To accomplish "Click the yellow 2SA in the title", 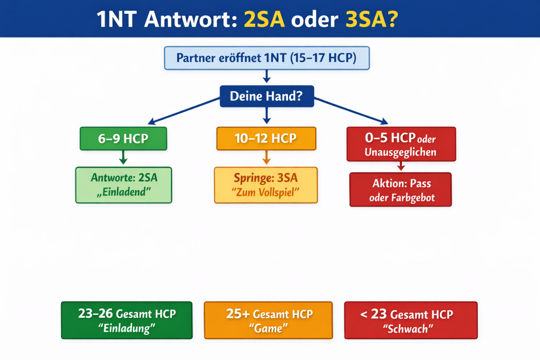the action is (x=264, y=20).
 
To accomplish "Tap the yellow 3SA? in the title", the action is (x=372, y=20).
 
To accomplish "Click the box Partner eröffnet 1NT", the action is (x=267, y=58).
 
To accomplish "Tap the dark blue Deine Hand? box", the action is (x=267, y=96).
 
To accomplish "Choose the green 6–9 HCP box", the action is (x=123, y=138).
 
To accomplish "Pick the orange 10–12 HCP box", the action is (x=266, y=138).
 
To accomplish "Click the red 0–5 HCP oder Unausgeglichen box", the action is (x=401, y=144).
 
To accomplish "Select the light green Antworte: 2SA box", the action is (x=123, y=185).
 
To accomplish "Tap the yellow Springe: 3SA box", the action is (x=266, y=185).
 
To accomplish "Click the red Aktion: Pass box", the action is (x=401, y=190).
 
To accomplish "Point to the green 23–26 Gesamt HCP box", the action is (x=127, y=320).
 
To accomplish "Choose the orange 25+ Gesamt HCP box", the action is (x=268, y=320).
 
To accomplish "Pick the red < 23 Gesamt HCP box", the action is (x=411, y=320).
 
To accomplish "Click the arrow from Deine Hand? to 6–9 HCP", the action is (x=184, y=111).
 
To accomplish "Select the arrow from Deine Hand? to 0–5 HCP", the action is (x=351, y=111).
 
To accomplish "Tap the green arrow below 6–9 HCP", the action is (x=123, y=157).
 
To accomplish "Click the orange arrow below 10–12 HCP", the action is (x=266, y=157).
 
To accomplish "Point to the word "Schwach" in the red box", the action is (x=408, y=329).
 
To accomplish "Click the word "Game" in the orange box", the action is (x=268, y=328).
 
